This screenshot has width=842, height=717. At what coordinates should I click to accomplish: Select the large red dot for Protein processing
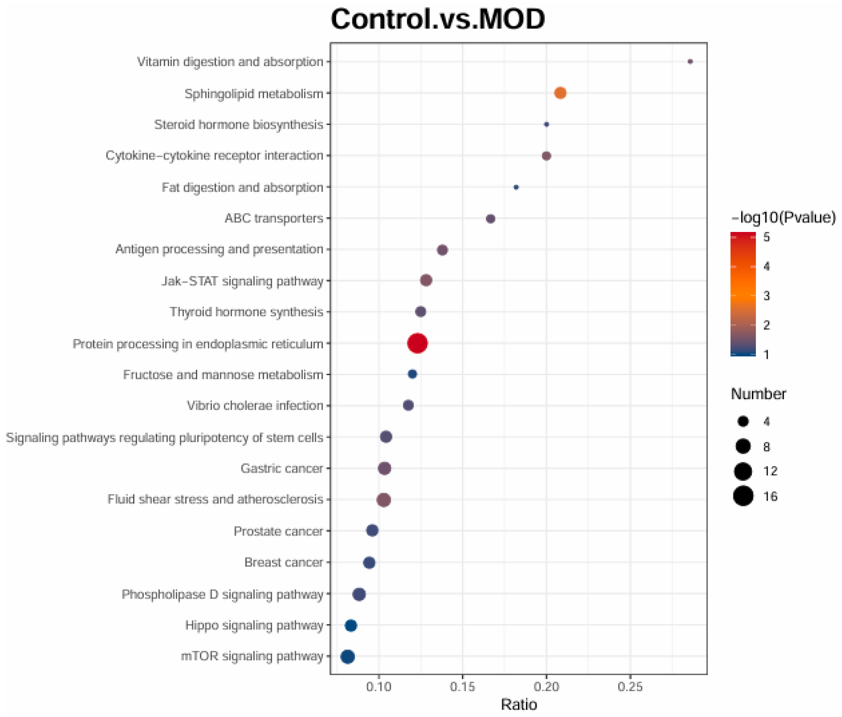417,343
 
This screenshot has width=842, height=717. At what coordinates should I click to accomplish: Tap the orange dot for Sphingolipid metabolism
560,93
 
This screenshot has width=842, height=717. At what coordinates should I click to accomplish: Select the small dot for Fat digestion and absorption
516,187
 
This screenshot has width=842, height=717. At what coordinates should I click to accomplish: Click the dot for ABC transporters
490,219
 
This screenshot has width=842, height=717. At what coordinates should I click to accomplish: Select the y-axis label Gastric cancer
281,468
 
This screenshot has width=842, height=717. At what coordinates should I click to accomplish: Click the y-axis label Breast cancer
283,562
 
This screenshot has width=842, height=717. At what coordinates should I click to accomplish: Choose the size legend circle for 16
743,496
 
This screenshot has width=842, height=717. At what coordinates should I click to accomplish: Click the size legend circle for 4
743,421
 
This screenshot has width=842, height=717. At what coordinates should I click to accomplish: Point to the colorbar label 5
766,237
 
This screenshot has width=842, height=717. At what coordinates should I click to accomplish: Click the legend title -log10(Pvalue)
783,217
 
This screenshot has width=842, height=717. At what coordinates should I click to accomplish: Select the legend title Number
758,394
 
